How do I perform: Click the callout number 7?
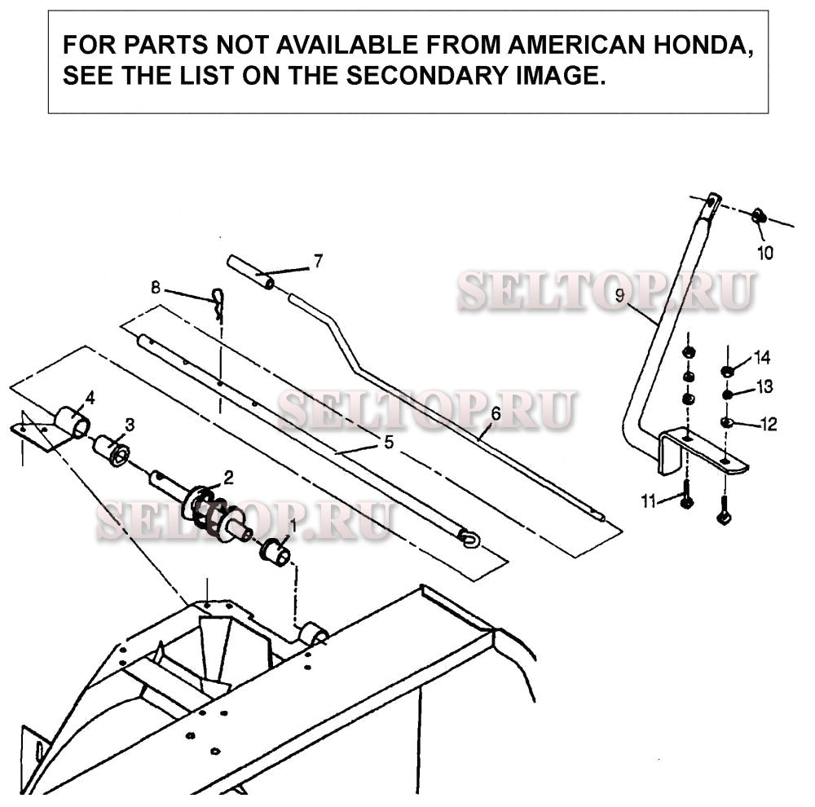coord(318,261)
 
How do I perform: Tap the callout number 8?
coord(156,288)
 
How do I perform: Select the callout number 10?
coord(765,253)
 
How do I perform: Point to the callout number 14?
coord(762,358)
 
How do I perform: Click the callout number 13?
coord(764,387)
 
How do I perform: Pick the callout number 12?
coord(769,425)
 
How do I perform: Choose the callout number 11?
coord(649,501)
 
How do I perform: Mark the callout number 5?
coord(388,443)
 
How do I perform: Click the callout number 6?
coord(496,414)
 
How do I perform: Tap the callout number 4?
coord(90,399)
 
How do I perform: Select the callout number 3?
coord(130,426)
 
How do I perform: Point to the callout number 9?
coord(619,296)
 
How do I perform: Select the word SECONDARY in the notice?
coord(427,76)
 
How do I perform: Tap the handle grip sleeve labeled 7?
coord(251,271)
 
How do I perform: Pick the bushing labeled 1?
coord(275,553)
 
